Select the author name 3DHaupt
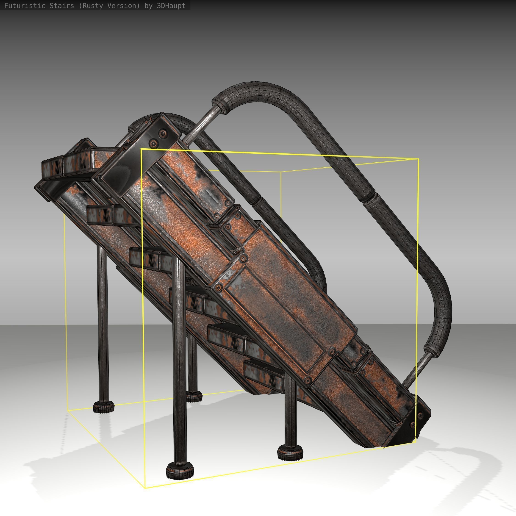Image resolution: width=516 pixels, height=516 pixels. click(x=171, y=6)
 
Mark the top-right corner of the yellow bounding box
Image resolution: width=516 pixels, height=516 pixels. click(x=418, y=159)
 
